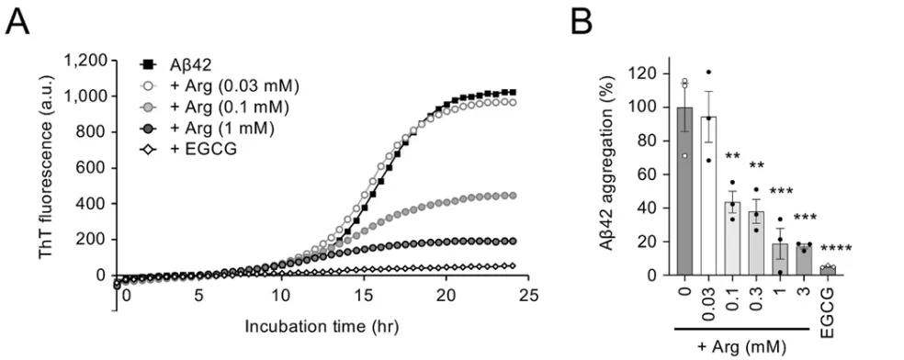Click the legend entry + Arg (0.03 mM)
[235, 85]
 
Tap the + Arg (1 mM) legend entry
[226, 126]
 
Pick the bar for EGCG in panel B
[828, 270]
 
